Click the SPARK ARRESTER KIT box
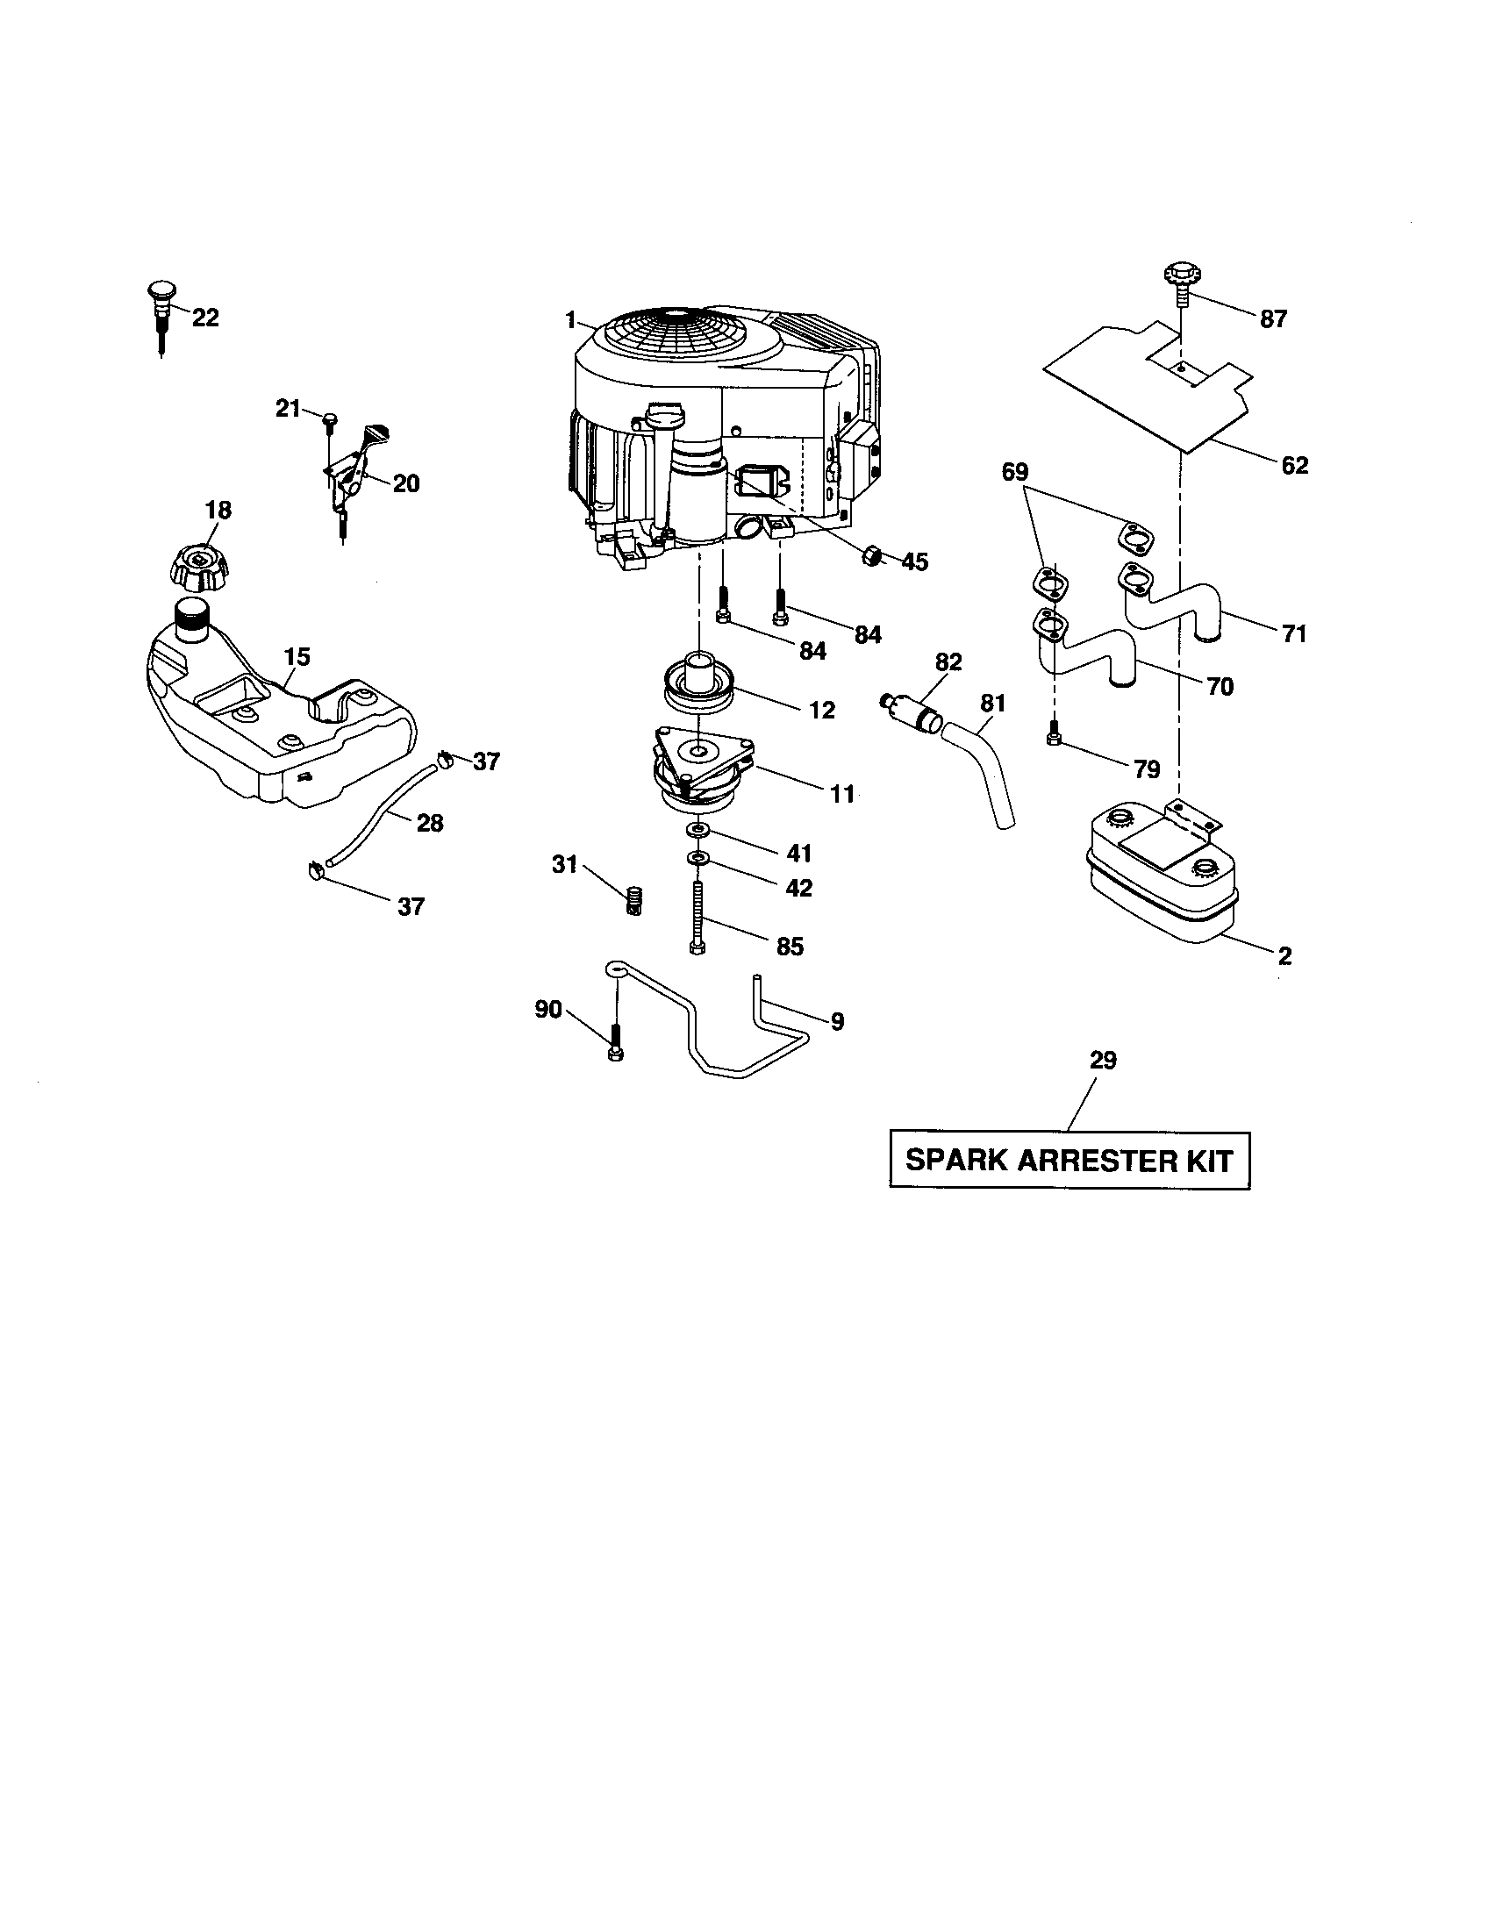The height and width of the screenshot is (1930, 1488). [x=1069, y=1161]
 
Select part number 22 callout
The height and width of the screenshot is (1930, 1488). [x=205, y=318]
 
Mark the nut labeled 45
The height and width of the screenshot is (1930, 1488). [x=870, y=555]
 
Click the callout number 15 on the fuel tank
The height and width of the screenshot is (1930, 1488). [x=297, y=655]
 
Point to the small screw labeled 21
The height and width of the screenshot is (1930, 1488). [x=330, y=419]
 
